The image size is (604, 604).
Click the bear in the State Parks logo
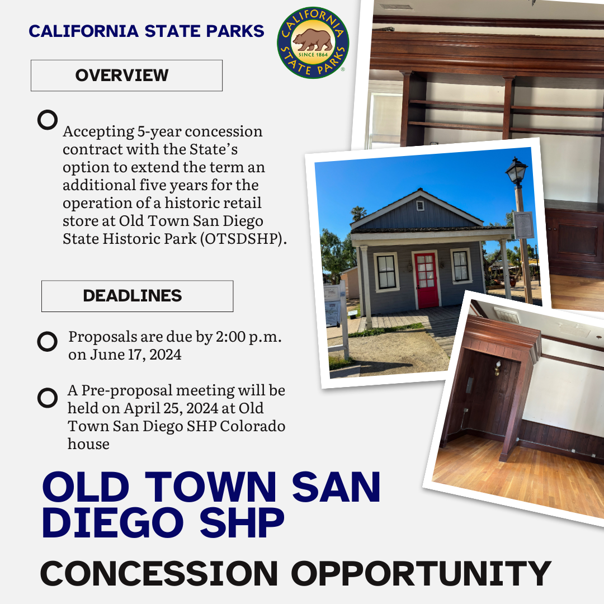coord(313,40)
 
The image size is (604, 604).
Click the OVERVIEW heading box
coord(126,75)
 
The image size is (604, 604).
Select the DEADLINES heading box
coord(137,296)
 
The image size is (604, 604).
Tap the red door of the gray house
coord(426,279)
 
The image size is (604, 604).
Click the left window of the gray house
coord(386,272)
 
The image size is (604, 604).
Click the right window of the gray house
coord(460,266)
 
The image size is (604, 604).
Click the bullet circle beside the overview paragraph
coord(48,120)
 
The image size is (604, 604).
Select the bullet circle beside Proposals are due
coord(48,341)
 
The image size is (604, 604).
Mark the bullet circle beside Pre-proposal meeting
coord(48,398)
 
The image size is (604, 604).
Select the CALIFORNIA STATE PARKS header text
coord(147,31)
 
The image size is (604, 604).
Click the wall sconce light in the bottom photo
coord(497,367)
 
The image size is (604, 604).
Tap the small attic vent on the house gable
coord(420,205)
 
